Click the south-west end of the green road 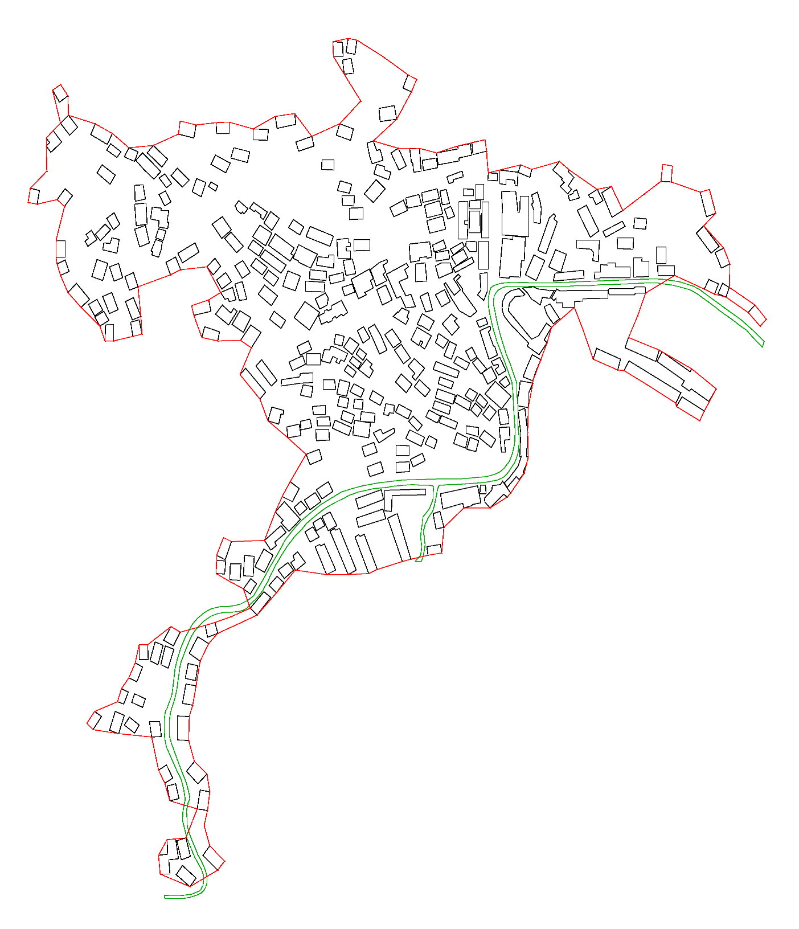[x=166, y=897]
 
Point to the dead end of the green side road [x=419, y=560]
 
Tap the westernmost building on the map [x=34, y=195]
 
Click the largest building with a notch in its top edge [x=515, y=214]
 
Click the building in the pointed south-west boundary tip [x=95, y=720]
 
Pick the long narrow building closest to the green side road [x=399, y=538]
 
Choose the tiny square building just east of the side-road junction [x=483, y=489]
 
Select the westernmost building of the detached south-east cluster [x=607, y=359]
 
